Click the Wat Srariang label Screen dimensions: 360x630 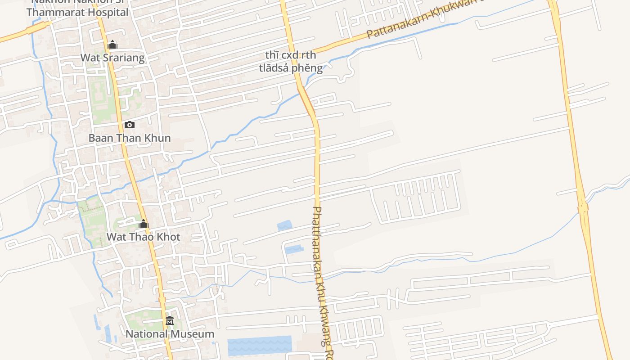click(x=112, y=58)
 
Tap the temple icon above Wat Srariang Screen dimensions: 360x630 click(x=112, y=45)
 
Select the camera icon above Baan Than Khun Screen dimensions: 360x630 click(x=130, y=125)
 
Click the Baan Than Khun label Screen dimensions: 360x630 click(x=130, y=138)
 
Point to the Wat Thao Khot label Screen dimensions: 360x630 click(x=143, y=237)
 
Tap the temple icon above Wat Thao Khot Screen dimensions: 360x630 click(x=144, y=224)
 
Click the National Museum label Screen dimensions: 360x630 click(x=170, y=334)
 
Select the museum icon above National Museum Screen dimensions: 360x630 click(x=170, y=321)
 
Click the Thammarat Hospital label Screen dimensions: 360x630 click(x=77, y=12)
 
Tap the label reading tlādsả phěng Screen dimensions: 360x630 click(x=291, y=68)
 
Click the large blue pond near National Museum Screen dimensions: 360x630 click(x=259, y=346)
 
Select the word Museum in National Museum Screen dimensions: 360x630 click(x=193, y=334)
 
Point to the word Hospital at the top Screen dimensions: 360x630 click(x=108, y=12)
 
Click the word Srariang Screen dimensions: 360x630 click(x=122, y=58)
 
